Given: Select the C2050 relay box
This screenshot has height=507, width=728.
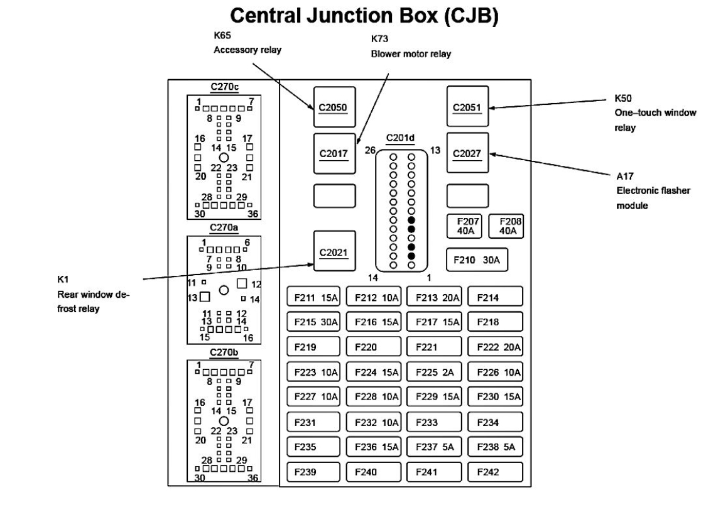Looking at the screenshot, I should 334,107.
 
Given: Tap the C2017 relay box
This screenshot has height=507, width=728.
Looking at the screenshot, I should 334,153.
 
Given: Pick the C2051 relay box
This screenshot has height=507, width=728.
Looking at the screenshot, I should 467,107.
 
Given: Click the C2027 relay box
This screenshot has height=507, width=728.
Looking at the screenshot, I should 467,153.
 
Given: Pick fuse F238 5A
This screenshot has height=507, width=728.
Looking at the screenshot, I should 495,447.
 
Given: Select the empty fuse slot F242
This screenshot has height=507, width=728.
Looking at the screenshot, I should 495,472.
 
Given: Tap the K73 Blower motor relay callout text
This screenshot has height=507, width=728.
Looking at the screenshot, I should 411,48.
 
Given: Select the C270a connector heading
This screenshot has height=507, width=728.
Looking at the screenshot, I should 223,229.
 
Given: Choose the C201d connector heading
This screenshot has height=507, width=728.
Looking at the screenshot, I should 404,138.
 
